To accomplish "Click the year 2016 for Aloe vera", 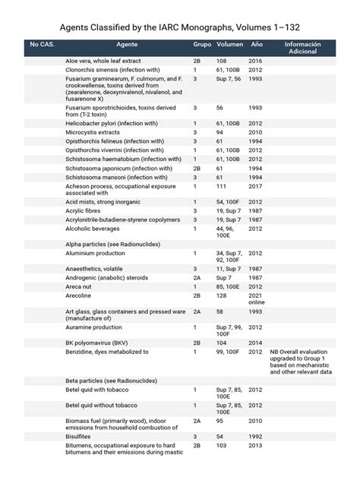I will click(x=255, y=60).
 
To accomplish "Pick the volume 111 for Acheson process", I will click(x=221, y=185).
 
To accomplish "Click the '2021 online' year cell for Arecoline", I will click(x=257, y=299).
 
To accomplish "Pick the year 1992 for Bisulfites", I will click(x=255, y=437).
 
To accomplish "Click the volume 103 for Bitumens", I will click(x=221, y=446).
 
